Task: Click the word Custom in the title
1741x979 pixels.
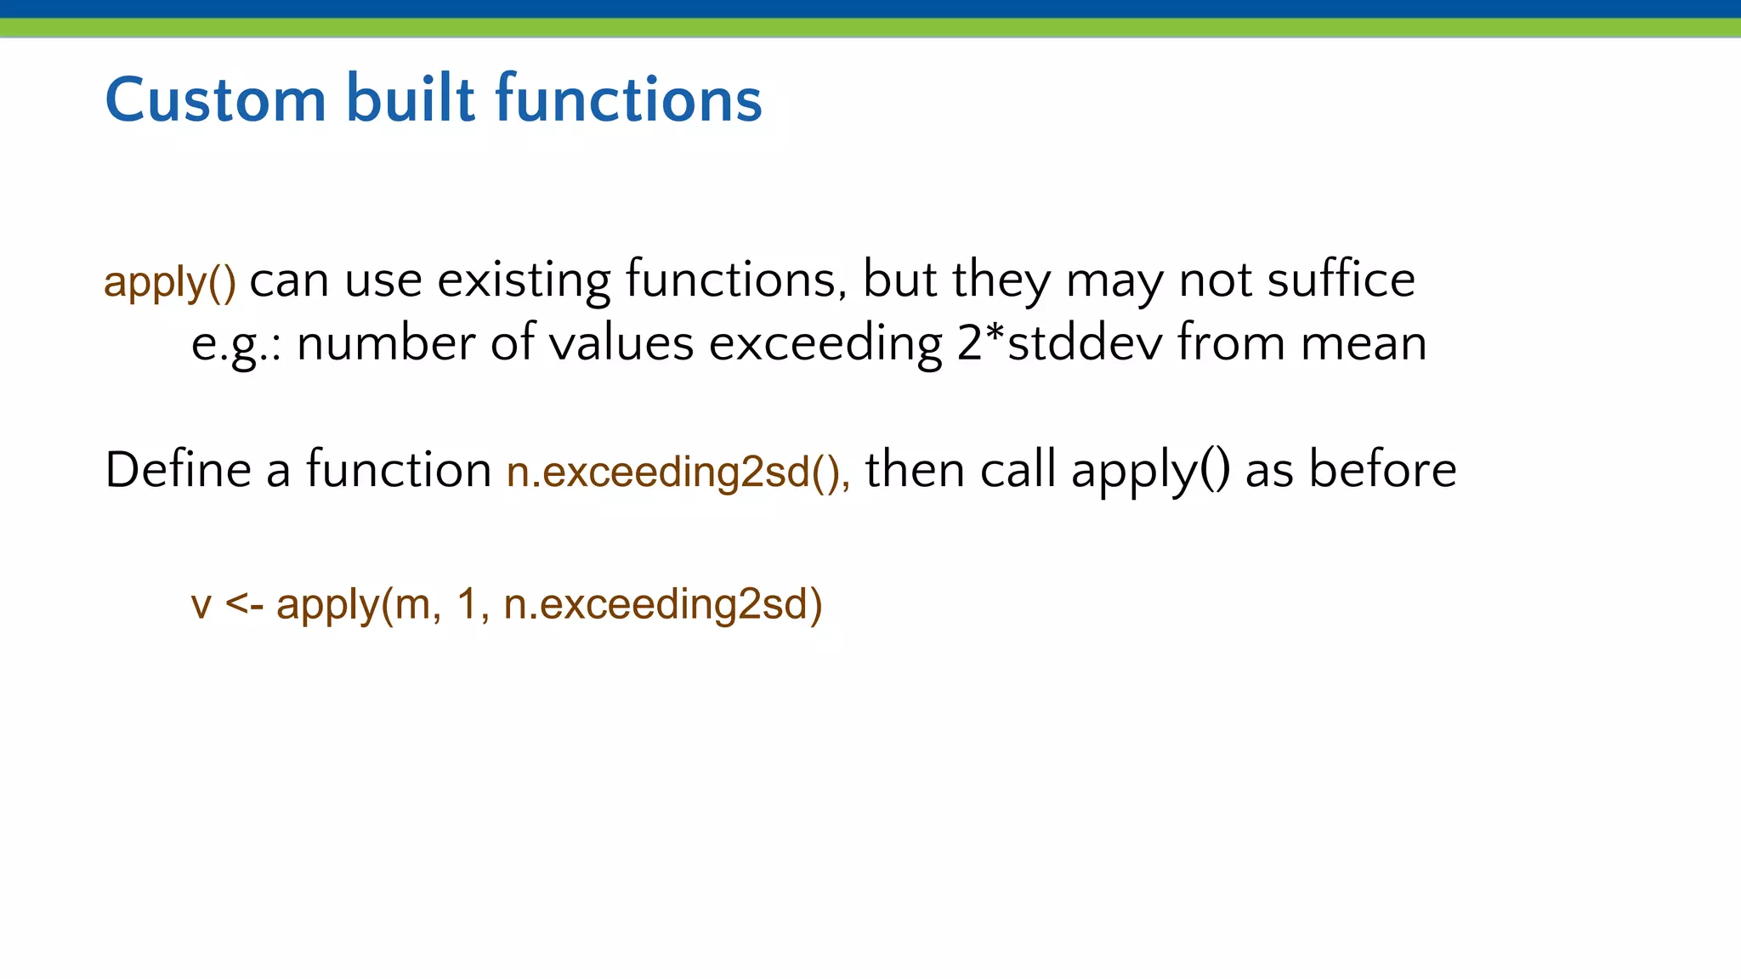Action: tap(215, 99)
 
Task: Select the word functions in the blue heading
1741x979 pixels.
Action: tap(628, 99)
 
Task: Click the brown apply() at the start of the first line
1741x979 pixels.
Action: tap(170, 282)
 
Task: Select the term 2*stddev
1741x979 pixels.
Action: tap(1059, 343)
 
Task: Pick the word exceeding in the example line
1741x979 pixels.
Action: tap(825, 345)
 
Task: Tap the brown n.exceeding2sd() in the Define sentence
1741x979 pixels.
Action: tap(678, 472)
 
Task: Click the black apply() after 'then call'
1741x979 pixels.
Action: tap(1150, 471)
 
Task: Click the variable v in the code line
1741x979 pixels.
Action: tap(201, 605)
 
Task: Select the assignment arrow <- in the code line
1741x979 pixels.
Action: tap(245, 605)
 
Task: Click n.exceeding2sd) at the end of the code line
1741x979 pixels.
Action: tap(662, 605)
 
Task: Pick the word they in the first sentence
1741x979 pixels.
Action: tap(1001, 280)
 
